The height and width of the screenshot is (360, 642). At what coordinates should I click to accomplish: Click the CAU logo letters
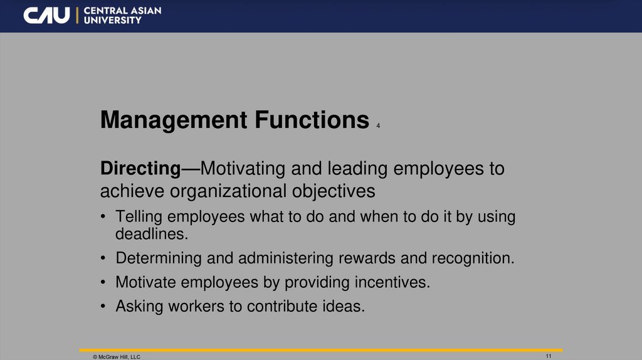click(x=46, y=15)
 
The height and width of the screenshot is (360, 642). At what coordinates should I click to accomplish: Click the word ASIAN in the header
click(x=145, y=11)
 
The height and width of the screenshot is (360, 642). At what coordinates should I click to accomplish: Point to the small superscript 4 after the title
click(x=379, y=126)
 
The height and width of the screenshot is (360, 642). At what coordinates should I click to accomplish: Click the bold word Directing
click(x=140, y=169)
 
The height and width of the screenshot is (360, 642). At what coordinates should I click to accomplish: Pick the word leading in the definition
click(x=360, y=169)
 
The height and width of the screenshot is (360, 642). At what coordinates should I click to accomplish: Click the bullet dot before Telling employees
click(x=103, y=217)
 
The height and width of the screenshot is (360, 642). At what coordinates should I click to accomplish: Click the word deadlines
click(x=152, y=235)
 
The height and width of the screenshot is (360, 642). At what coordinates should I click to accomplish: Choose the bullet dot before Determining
click(x=103, y=258)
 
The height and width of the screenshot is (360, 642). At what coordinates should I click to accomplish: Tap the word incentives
click(x=391, y=282)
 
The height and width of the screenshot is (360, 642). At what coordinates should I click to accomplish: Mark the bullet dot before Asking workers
click(x=103, y=307)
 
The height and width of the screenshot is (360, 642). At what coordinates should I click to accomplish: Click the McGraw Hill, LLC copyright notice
click(x=117, y=356)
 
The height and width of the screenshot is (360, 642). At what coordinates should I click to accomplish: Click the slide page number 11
click(x=549, y=356)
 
